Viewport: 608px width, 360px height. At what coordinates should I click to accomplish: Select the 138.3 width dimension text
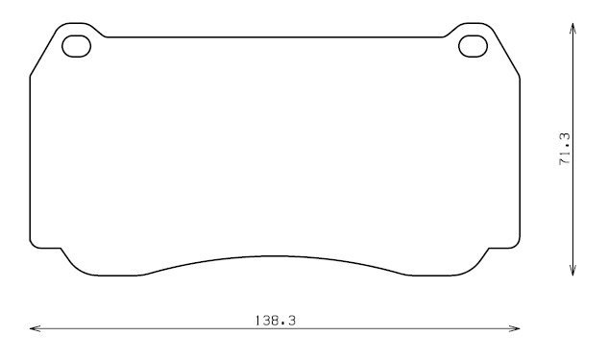coord(276,321)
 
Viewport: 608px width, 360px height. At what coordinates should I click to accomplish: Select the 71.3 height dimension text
coord(565,149)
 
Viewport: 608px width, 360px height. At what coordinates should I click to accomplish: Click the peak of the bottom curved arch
coord(276,256)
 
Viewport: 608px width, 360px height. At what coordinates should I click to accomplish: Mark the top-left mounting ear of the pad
coord(77,24)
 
